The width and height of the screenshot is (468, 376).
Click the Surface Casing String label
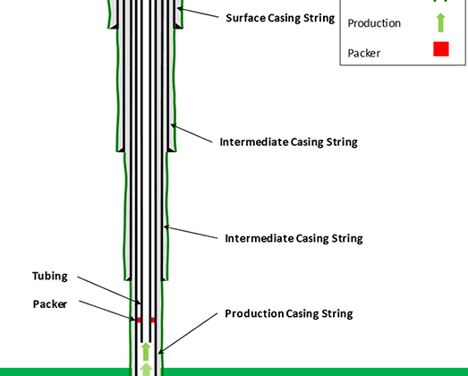[x=280, y=18]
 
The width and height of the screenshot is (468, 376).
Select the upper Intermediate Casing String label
[x=289, y=141]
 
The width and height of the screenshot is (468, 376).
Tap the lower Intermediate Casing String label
[x=294, y=238]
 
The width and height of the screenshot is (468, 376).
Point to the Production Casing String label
[x=289, y=313]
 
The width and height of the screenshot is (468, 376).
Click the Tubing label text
[x=50, y=276]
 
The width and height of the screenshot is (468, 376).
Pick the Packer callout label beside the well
[x=50, y=304]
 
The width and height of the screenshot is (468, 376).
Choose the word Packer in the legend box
[x=364, y=53]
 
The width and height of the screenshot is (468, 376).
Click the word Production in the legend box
[x=374, y=23]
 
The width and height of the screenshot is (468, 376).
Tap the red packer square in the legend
[x=441, y=49]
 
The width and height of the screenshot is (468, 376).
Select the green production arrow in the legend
[x=441, y=22]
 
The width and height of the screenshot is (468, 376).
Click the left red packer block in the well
[x=139, y=320]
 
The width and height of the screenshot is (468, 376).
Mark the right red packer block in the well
[x=153, y=320]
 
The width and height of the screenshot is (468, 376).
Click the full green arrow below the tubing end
[x=146, y=352]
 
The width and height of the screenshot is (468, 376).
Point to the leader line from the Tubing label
[x=109, y=290]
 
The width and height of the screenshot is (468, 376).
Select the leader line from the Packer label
[x=106, y=311]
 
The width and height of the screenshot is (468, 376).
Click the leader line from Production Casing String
[x=188, y=334]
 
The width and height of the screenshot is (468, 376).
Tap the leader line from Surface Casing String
[x=198, y=13]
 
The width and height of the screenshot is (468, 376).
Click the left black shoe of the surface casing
[x=115, y=26]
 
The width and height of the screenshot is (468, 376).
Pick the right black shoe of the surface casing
[x=177, y=26]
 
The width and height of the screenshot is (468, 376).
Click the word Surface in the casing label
[x=245, y=18]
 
